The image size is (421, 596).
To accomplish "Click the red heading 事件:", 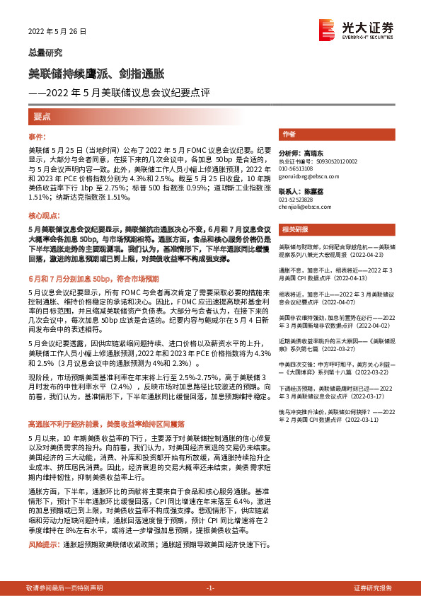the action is pos(37,135).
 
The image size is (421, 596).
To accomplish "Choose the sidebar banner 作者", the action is pos(288,134).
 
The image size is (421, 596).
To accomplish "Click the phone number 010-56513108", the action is pos(298,168).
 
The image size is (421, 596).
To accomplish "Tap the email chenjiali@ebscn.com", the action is pos(303,207).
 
